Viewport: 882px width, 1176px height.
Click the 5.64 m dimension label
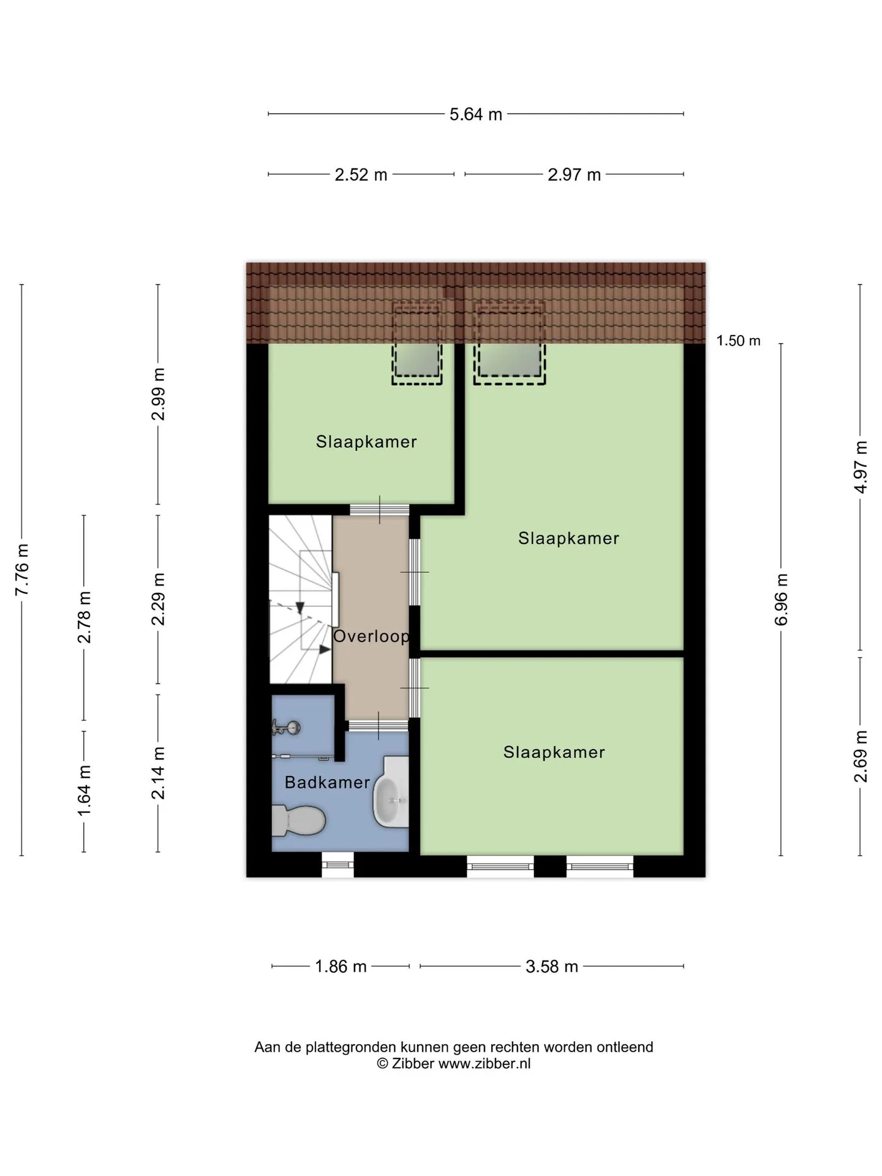click(x=476, y=115)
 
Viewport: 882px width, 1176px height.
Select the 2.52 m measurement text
click(x=361, y=175)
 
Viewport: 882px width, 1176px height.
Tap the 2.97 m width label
click(x=574, y=175)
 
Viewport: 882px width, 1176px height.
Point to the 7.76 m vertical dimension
click(x=22, y=570)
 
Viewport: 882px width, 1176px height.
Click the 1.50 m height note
click(x=739, y=341)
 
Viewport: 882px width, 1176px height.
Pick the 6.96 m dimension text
click(x=782, y=600)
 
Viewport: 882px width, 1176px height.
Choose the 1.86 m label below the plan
click(x=341, y=967)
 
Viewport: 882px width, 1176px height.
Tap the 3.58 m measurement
click(x=552, y=967)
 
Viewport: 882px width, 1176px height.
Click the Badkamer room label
click(x=327, y=782)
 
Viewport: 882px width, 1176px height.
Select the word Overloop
click(x=371, y=636)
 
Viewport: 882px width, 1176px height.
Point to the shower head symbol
click(x=287, y=728)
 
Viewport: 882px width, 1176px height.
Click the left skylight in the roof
click(x=417, y=343)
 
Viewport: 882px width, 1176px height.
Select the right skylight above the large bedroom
click(x=510, y=343)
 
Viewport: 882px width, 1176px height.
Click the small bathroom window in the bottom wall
click(x=338, y=865)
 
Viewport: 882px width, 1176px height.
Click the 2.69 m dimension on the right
click(x=861, y=756)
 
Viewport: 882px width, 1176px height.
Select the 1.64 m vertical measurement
click(x=84, y=790)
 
